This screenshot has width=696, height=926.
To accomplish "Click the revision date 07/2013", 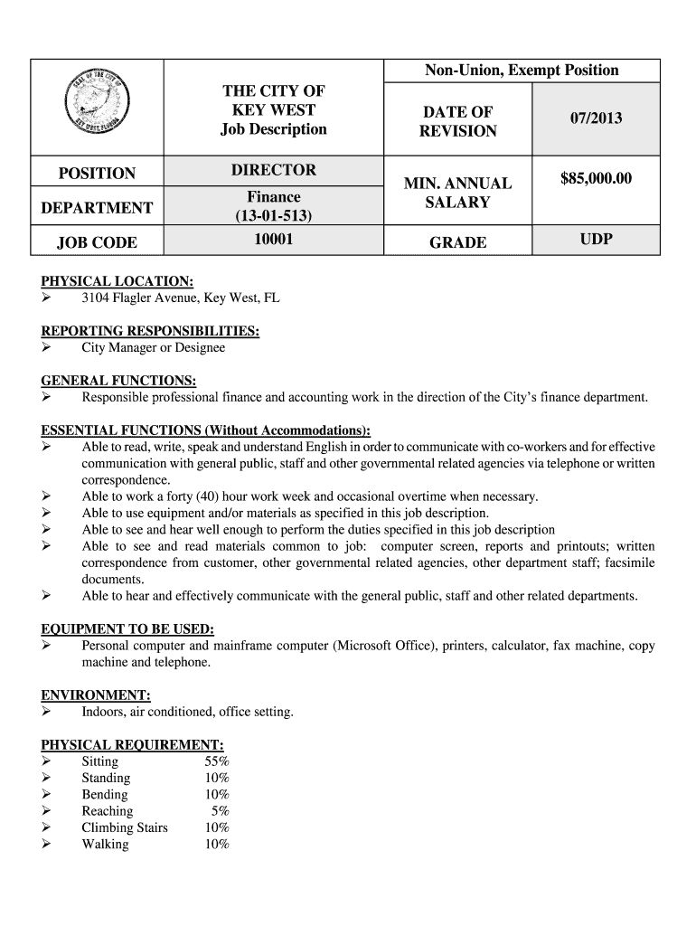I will click(x=596, y=118).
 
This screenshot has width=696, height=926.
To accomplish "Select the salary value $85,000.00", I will click(x=596, y=179).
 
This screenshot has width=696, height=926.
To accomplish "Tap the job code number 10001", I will click(x=274, y=241).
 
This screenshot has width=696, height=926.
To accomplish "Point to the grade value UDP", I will click(x=596, y=241).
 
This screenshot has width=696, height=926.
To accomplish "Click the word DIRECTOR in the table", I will click(x=274, y=170).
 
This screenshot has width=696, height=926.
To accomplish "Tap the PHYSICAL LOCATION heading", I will click(x=118, y=281).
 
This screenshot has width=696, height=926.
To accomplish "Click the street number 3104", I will click(x=98, y=298).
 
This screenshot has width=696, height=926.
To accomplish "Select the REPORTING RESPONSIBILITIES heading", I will click(x=151, y=331).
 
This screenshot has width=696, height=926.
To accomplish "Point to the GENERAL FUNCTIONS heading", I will click(x=119, y=381).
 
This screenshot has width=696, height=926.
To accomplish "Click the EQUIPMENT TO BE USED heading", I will click(x=127, y=629).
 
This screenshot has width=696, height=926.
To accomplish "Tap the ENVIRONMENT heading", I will click(x=96, y=695).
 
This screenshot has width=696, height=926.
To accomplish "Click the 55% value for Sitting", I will click(x=217, y=761).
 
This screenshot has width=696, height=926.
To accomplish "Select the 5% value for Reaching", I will click(x=220, y=811).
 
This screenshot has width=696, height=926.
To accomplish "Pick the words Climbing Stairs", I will click(x=125, y=827).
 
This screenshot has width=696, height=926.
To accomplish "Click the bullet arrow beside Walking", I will click(x=47, y=845).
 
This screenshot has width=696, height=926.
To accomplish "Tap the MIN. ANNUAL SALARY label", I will click(x=457, y=193).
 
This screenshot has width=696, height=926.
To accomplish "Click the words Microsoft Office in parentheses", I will click(x=381, y=646).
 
